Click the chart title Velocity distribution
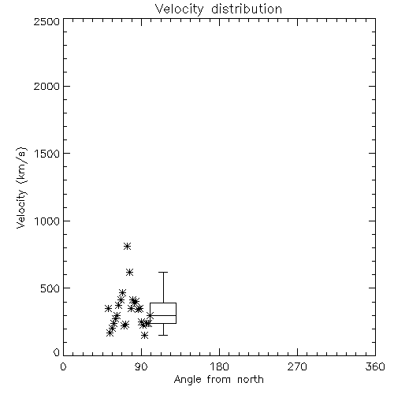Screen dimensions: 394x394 coord(218,9)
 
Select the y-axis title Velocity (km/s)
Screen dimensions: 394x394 coord(21,188)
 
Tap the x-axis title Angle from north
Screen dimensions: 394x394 coord(218,380)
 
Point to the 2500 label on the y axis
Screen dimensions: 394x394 coord(46,21)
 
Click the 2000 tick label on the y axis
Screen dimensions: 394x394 coord(46,86)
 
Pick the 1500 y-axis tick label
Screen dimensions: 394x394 coord(47,154)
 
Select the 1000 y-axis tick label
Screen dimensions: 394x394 coord(47,221)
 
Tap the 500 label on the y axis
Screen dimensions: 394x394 coord(50,288)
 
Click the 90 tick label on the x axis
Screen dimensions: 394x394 coord(141,366)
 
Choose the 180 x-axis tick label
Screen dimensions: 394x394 coord(219,366)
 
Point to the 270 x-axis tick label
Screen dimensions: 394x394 coord(297,366)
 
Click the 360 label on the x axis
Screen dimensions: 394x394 coord(375,366)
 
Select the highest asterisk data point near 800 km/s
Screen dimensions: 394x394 coord(128,246)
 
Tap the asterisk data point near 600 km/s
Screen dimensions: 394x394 coord(129,272)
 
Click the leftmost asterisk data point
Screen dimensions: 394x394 coord(108,308)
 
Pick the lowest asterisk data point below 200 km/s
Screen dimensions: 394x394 coord(144,335)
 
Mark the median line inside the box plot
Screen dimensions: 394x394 coord(163,315)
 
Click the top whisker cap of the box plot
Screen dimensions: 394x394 coord(163,273)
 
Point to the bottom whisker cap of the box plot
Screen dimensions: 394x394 coord(163,335)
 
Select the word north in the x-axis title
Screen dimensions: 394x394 coord(251,380)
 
